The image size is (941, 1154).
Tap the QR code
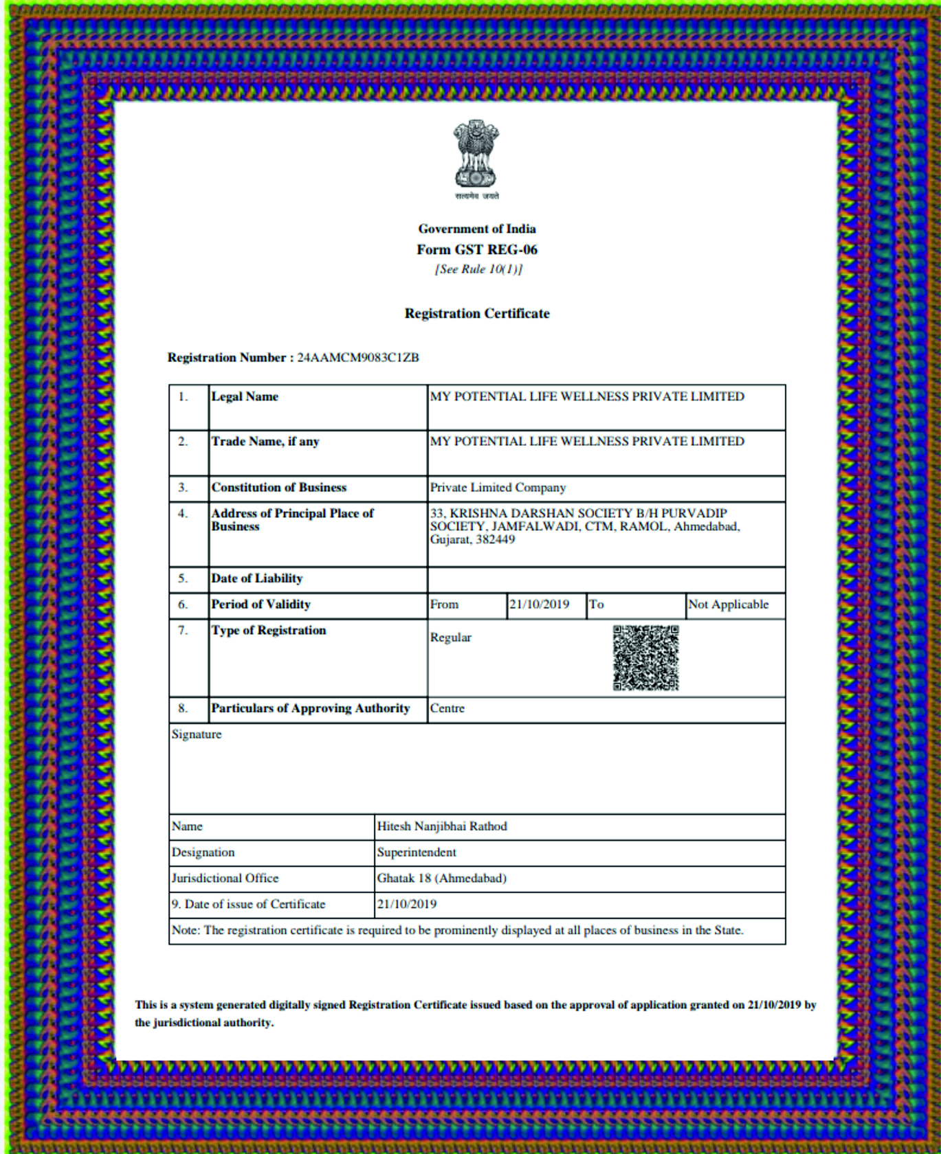[x=645, y=658]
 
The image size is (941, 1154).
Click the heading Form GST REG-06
[x=477, y=249]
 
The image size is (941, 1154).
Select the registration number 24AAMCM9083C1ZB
[x=358, y=357]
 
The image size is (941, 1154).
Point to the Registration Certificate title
[x=477, y=313]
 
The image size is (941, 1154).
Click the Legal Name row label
[x=245, y=396]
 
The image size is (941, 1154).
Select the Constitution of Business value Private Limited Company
[x=498, y=487]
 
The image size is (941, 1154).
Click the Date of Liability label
[x=256, y=578]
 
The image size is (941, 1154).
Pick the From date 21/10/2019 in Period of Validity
[x=539, y=604]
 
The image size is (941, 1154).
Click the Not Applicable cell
[x=729, y=604]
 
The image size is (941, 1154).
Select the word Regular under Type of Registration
[x=451, y=637]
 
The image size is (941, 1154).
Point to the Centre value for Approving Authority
[x=447, y=708]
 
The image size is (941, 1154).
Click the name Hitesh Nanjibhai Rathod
[x=442, y=826]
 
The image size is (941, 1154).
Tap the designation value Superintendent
[x=417, y=852]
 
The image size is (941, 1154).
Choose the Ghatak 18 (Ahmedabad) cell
[x=441, y=879]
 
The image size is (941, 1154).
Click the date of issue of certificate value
[x=407, y=904]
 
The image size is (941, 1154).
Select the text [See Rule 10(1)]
[x=478, y=269]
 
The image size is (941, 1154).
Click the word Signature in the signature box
[x=197, y=734]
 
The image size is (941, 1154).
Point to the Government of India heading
[x=477, y=229]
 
